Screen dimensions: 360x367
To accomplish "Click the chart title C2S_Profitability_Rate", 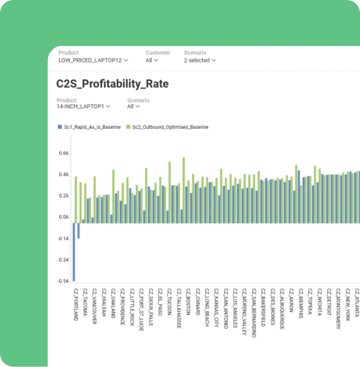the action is [x=112, y=84].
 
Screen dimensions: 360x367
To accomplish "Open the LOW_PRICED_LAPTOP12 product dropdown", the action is [x=93, y=60].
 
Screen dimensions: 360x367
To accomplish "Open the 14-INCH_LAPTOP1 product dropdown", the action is [x=84, y=107].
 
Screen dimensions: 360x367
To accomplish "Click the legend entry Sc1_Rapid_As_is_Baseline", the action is [x=89, y=127].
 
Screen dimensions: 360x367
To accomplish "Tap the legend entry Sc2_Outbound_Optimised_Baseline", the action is [x=167, y=127].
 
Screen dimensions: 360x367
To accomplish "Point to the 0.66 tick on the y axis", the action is [x=64, y=153].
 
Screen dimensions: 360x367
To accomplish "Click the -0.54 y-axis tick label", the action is [x=63, y=281].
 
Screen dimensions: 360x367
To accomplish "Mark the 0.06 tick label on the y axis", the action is [x=64, y=217].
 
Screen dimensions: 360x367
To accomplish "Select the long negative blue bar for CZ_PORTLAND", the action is [x=74, y=252].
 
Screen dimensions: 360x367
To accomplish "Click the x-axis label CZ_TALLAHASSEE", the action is [x=179, y=308].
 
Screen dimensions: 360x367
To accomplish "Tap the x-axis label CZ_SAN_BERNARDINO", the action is [x=254, y=313].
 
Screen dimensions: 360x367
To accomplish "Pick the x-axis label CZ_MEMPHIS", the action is [x=301, y=303].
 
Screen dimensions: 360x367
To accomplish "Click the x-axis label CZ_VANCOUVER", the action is [x=94, y=306].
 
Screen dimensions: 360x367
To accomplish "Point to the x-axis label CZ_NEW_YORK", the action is [x=348, y=305].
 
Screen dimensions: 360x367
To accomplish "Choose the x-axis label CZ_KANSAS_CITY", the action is [x=217, y=308].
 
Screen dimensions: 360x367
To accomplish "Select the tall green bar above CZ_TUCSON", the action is [x=170, y=192].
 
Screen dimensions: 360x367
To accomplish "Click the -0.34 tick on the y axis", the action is [x=63, y=260].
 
